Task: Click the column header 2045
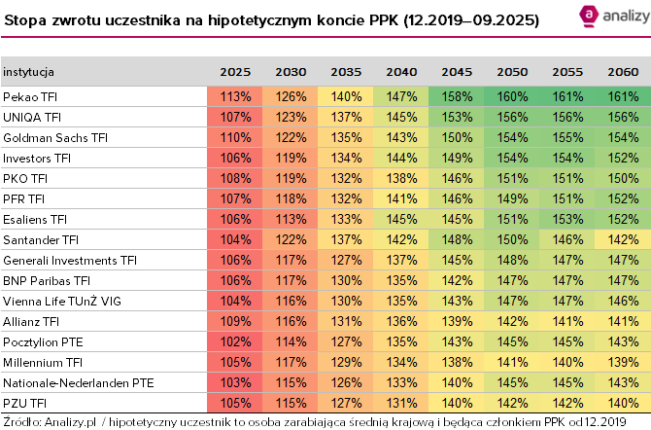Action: [457, 72]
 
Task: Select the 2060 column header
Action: [623, 72]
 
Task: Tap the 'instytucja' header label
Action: [28, 72]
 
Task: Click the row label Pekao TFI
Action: [32, 96]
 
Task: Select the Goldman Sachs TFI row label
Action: [54, 137]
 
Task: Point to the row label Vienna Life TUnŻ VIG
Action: [63, 301]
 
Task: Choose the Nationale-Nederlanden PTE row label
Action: [79, 382]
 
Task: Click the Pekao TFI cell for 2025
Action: [235, 96]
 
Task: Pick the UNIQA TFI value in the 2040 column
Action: [401, 117]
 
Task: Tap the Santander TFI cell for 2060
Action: [623, 239]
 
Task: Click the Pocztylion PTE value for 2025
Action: [235, 341]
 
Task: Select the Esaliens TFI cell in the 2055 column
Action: [567, 219]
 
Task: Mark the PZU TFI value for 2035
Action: [346, 403]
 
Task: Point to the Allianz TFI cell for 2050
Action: [512, 321]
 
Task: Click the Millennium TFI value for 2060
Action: [623, 362]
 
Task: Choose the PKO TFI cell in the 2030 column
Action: [291, 178]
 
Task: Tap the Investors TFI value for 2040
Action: [401, 158]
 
